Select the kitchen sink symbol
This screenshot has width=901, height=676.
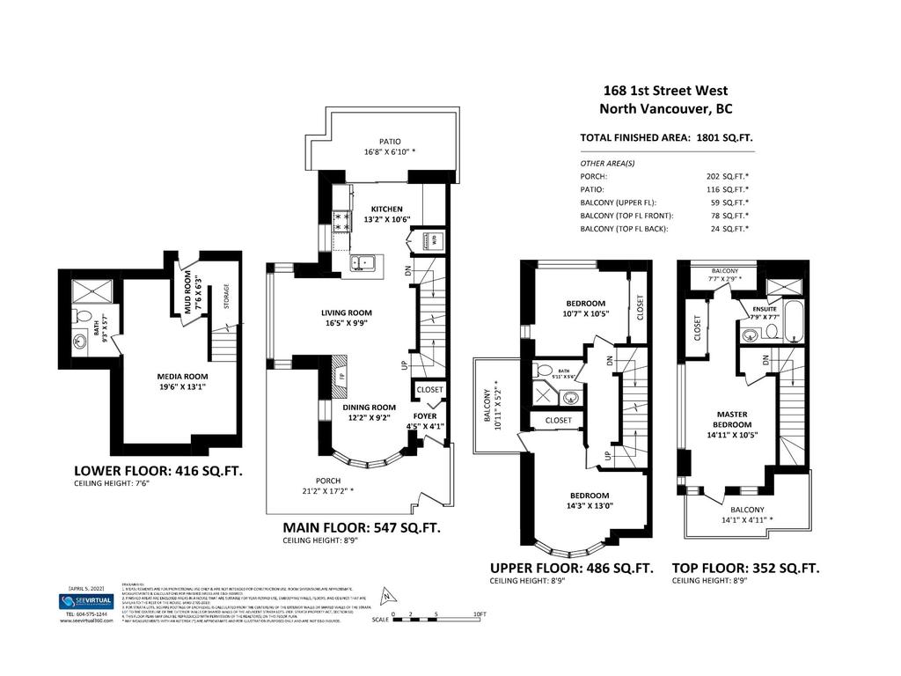click(363, 261)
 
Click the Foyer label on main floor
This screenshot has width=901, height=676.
click(426, 415)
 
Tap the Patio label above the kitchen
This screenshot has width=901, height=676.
click(390, 141)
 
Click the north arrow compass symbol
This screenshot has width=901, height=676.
click(384, 595)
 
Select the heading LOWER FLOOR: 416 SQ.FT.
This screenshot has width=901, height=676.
click(157, 471)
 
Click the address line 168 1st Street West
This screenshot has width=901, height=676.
click(665, 91)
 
